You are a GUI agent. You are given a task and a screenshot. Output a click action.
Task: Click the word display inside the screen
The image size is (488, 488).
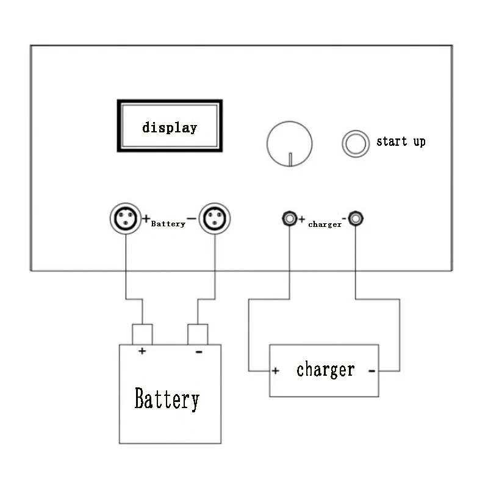pos(170,127)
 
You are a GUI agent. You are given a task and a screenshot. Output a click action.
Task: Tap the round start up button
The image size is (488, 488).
pos(356,144)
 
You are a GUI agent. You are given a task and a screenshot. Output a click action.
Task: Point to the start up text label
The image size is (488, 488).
pos(401,142)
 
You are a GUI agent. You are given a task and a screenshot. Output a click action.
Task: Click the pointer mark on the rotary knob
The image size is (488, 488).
pos(290,159)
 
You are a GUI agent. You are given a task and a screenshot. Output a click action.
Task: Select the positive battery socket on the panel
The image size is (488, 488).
pos(126,218)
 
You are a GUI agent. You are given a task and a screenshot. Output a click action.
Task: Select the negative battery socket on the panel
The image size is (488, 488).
pos(215,218)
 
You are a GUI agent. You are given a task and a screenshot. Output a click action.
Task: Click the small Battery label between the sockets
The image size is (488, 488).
pos(168,224)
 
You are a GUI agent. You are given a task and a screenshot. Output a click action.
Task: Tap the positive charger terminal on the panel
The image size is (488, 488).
pos(289,218)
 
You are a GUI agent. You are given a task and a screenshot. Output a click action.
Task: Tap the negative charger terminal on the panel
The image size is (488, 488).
pos(356,218)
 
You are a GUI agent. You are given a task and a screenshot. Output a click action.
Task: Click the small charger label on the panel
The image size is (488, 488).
pos(325,224)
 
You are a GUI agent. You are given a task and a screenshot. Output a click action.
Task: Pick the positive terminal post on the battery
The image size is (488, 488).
pos(142,334)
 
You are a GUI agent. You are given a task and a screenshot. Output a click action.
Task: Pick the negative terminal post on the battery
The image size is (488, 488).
pos(198,334)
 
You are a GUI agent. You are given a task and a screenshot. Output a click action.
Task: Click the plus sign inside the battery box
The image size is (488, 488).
pos(142,351)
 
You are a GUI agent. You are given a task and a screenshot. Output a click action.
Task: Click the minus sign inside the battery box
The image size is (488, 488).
pos(199,352)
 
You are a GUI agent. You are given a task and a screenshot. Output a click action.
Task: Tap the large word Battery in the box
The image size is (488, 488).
pos(167,399)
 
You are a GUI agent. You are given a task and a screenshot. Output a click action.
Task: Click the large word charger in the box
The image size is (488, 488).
pos(326,370)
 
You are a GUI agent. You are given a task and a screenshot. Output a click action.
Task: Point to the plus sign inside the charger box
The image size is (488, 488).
pos(276,371)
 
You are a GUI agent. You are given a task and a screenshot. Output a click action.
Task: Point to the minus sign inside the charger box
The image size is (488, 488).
pos(371,371)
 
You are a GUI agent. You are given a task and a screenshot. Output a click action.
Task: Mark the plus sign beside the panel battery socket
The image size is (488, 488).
pos(146,218)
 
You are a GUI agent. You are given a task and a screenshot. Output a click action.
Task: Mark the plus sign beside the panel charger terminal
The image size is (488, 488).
pos(301,220)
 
